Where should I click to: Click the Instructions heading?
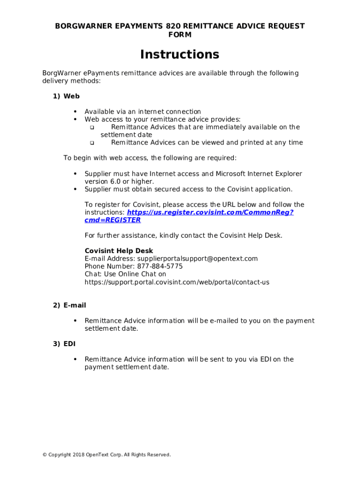click(x=180, y=55)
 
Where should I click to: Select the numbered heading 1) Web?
click(x=66, y=96)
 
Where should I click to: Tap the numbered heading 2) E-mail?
click(x=69, y=305)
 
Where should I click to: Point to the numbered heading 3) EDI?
click(x=65, y=344)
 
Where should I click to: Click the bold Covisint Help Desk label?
click(x=119, y=251)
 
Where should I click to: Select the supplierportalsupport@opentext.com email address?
click(x=197, y=259)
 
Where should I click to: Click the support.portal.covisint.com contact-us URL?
click(x=177, y=283)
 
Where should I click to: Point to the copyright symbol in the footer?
click(x=44, y=455)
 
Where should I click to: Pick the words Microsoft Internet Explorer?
click(x=259, y=174)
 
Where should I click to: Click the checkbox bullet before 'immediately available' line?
click(x=92, y=128)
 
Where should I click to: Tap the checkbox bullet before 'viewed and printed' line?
click(x=92, y=143)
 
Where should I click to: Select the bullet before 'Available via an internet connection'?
click(x=75, y=112)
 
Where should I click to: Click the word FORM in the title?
click(x=180, y=35)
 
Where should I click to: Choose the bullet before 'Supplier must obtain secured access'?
click(x=75, y=189)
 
